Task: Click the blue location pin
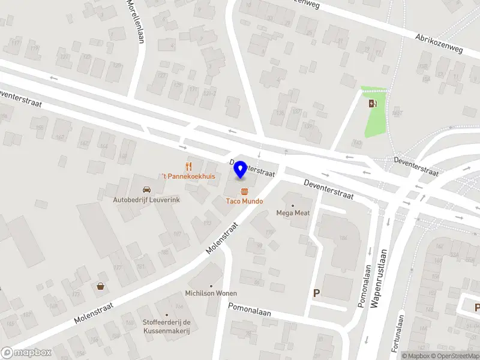click(x=241, y=170)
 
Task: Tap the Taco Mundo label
click(x=244, y=201)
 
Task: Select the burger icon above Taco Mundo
click(x=244, y=192)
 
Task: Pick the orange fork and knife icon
click(x=189, y=166)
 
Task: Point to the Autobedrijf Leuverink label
click(x=146, y=199)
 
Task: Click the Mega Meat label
click(x=292, y=212)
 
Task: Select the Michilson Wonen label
click(x=211, y=293)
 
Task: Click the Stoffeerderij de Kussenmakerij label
click(x=167, y=327)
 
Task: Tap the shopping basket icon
click(x=100, y=286)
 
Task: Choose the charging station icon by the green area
click(x=373, y=103)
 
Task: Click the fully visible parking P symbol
click(x=316, y=293)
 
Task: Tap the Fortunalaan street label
click(x=398, y=329)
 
